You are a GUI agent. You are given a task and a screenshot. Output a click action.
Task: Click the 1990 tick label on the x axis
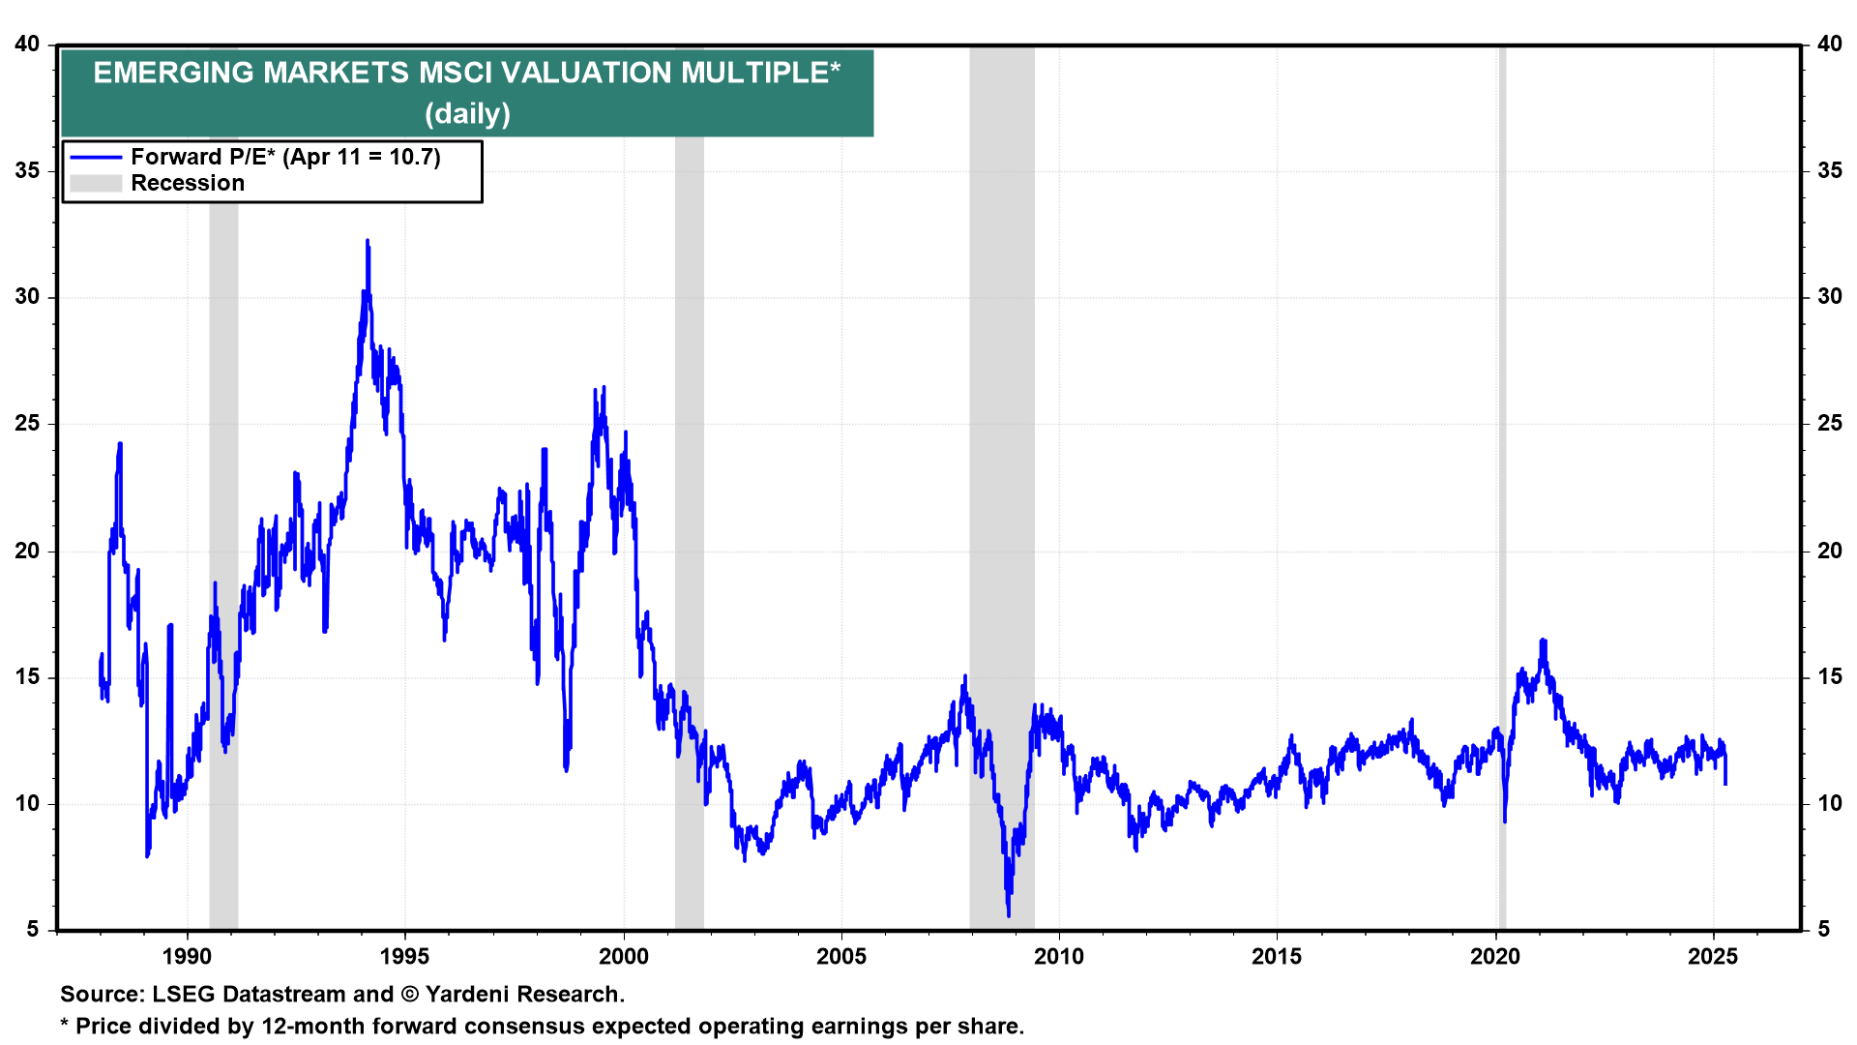pos(187,957)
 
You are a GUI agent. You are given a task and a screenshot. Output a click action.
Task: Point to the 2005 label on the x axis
pos(841,957)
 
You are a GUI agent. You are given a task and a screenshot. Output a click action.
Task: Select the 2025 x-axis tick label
pos(1713,957)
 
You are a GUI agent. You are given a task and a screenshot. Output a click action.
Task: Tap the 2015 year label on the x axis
pos(1277,957)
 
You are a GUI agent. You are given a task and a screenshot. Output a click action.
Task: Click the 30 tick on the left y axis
pos(27,297)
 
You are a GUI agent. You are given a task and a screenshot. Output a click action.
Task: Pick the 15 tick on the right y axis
pos(1829,676)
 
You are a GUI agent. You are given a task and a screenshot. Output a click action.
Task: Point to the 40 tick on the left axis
pos(27,45)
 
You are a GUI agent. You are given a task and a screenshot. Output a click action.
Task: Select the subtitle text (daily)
pos(467,114)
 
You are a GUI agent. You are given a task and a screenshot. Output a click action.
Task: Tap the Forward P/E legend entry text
pos(285,157)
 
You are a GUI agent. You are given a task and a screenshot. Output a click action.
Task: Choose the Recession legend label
pos(188,184)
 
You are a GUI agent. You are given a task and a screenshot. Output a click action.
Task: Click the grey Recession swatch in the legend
pos(96,184)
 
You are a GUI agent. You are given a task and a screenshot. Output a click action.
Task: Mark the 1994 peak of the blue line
pos(368,241)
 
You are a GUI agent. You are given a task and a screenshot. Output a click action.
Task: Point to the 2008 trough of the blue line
pos(1009,914)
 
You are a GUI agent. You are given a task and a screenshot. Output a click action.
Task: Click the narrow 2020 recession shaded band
pos(1502,484)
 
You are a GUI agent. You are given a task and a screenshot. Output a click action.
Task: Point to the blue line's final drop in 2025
pos(1725,772)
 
